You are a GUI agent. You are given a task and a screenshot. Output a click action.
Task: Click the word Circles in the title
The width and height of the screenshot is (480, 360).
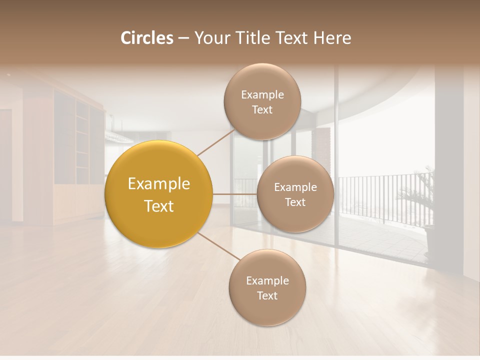(x=146, y=38)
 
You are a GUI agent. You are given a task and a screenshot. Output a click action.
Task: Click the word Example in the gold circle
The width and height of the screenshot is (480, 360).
(x=159, y=184)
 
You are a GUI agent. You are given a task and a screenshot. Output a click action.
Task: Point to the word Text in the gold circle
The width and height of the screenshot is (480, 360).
(x=159, y=206)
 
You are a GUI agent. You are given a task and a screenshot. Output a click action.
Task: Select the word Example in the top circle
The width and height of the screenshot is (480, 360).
(x=262, y=95)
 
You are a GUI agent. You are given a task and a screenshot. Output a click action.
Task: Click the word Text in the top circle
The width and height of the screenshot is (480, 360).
(x=262, y=110)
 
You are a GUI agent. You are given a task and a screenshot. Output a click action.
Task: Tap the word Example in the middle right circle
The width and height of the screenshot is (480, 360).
(x=295, y=187)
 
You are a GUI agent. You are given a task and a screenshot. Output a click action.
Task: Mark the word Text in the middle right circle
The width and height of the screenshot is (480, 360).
(x=295, y=202)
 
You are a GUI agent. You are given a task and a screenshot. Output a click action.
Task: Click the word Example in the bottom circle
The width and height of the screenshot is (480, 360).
(x=267, y=281)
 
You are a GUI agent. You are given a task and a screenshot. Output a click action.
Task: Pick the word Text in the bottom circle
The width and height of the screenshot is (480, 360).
(x=267, y=296)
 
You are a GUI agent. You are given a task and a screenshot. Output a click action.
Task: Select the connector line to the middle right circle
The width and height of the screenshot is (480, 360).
(x=235, y=194)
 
